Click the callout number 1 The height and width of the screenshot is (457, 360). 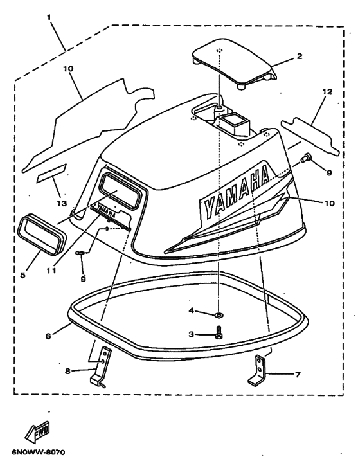(x=49, y=17)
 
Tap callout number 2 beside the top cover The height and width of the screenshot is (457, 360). (x=300, y=56)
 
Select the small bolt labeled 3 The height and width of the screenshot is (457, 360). (x=218, y=332)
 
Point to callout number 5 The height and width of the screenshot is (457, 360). (x=22, y=275)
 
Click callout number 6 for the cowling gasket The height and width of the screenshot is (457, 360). (x=48, y=336)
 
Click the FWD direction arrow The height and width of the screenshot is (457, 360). (x=37, y=431)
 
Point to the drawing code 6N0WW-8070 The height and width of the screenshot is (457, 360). (x=38, y=452)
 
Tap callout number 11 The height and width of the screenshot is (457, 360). (x=51, y=271)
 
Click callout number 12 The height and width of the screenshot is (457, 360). (x=327, y=91)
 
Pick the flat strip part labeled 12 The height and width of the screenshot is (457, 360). (x=310, y=136)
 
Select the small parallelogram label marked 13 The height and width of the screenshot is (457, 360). (x=51, y=173)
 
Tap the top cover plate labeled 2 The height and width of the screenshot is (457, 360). (x=235, y=64)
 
